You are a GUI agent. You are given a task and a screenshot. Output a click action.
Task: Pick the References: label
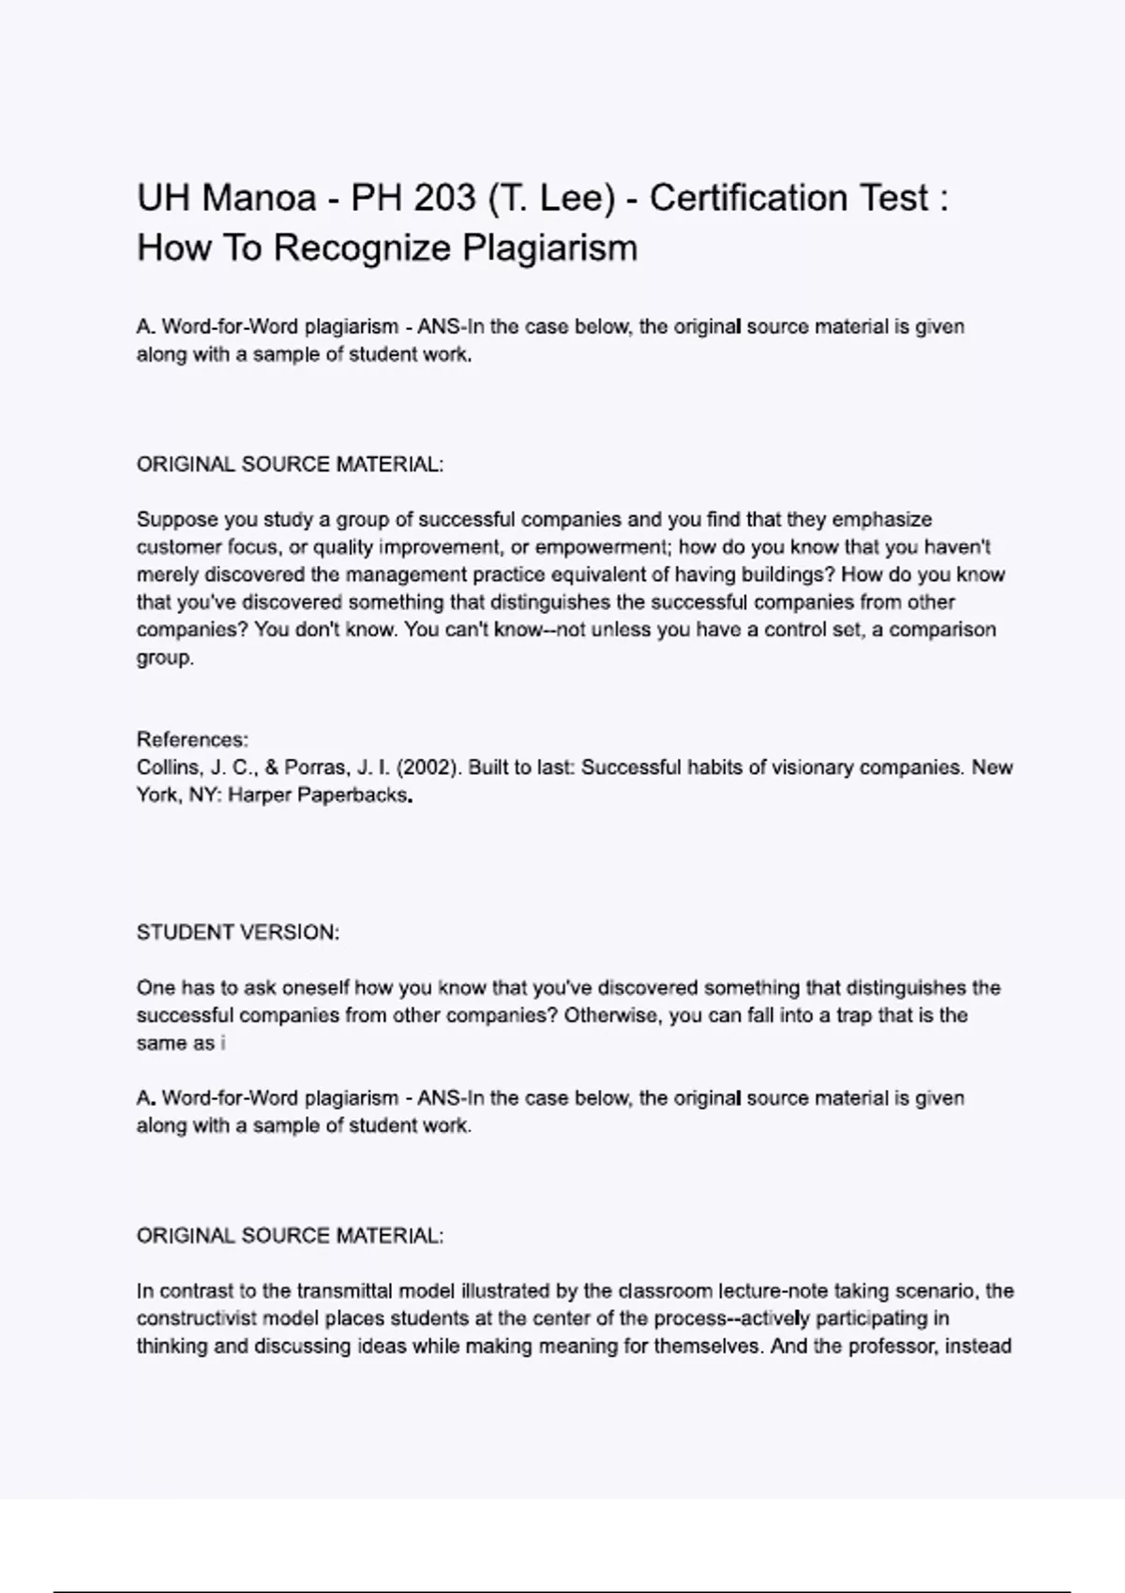(192, 739)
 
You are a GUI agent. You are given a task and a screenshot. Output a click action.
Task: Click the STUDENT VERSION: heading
(238, 932)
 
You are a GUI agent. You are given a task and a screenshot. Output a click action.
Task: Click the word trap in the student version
(853, 1016)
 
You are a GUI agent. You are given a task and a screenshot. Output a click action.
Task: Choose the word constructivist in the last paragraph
(196, 1318)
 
